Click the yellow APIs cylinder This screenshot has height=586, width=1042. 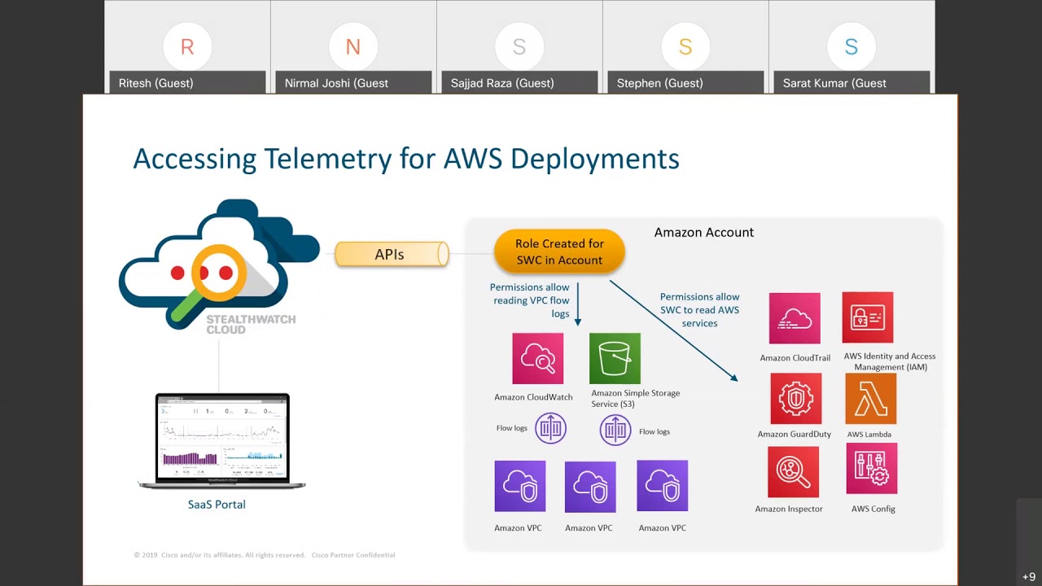(391, 254)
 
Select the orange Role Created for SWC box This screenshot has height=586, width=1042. (559, 251)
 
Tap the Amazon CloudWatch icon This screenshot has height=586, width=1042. (537, 358)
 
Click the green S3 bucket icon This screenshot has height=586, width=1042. (615, 358)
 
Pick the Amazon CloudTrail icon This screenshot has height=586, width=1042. (795, 318)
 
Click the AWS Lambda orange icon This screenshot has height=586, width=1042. (870, 399)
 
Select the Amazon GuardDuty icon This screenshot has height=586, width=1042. (795, 399)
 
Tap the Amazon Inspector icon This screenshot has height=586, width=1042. (793, 472)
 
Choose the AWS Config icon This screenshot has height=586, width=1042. (871, 469)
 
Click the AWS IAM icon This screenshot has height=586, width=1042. (868, 317)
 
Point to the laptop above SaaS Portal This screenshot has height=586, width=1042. (221, 439)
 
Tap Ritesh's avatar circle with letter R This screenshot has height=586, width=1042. (187, 47)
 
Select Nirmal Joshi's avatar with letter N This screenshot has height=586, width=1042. (353, 47)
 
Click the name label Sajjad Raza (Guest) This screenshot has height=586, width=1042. (502, 83)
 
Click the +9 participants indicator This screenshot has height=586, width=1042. (1029, 577)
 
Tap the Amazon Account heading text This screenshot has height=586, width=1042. (703, 233)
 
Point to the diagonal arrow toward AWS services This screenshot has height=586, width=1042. (673, 330)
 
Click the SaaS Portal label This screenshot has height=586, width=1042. (217, 505)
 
